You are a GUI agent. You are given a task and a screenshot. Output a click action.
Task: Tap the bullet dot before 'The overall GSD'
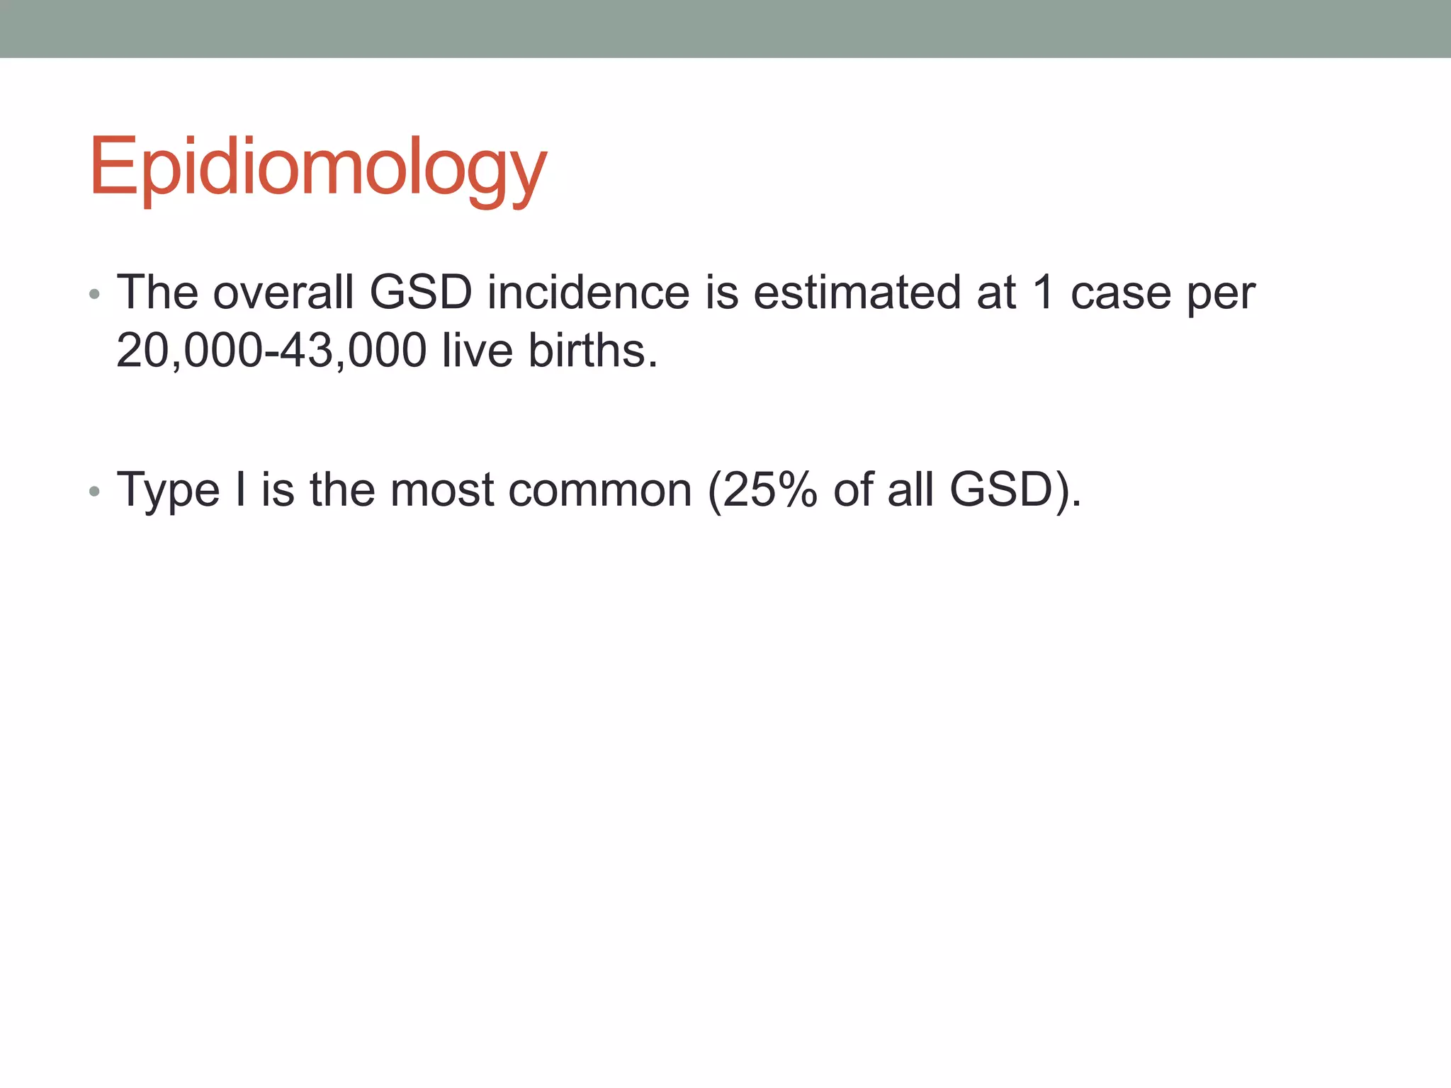click(x=95, y=294)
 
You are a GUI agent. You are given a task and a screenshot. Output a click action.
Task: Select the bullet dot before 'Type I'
click(x=95, y=491)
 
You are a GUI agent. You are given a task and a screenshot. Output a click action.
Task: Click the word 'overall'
click(x=283, y=292)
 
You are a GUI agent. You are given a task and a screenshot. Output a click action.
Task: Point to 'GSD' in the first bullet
click(x=421, y=292)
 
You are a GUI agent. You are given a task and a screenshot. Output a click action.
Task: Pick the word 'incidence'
click(x=588, y=292)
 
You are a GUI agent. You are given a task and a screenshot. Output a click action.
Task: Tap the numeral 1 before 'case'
click(x=1042, y=292)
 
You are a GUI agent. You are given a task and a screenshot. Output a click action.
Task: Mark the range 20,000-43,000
click(x=271, y=351)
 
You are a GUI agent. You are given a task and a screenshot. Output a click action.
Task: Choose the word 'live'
click(x=477, y=350)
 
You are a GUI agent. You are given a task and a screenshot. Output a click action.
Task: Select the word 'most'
click(x=441, y=490)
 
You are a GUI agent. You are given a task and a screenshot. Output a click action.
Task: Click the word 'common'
click(x=599, y=490)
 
